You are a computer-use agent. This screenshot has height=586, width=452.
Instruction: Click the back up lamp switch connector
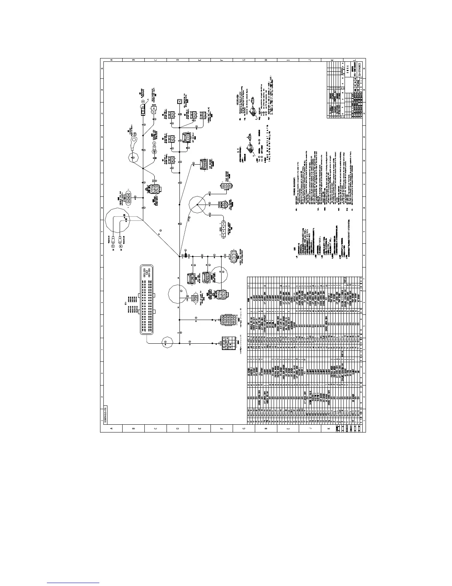[x=196, y=298]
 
